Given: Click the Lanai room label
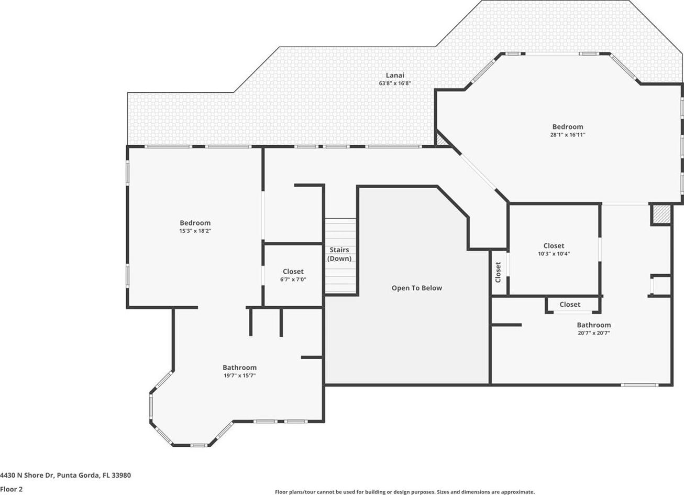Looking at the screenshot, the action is click(x=395, y=75).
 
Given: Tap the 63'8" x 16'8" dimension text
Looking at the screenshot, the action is click(x=395, y=83).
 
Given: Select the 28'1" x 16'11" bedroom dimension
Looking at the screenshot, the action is click(x=568, y=135).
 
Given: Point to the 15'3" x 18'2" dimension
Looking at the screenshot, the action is click(x=195, y=231).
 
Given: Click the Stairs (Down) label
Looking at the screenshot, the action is click(x=339, y=254).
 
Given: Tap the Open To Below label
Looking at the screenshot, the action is click(x=417, y=288).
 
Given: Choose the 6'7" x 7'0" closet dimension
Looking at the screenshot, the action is click(x=293, y=279).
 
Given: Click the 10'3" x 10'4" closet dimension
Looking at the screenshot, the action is click(x=554, y=253).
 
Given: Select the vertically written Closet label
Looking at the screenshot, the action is click(x=498, y=272).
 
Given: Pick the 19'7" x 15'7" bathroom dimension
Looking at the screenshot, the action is click(x=240, y=375).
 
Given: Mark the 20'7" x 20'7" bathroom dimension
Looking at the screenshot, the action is click(x=594, y=333).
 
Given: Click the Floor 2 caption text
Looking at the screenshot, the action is click(x=12, y=489).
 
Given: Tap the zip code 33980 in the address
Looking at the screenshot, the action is click(x=121, y=476).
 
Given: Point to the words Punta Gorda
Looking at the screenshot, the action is click(x=78, y=476).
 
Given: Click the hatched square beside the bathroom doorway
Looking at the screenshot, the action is click(x=661, y=214).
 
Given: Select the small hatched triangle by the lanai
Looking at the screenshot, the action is click(x=440, y=141).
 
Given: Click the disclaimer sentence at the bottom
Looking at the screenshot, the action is click(x=405, y=492).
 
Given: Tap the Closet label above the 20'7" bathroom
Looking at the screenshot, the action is click(x=570, y=305).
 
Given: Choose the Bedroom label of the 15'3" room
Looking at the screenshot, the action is click(x=195, y=223).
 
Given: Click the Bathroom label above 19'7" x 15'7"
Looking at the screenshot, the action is click(x=240, y=368).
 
